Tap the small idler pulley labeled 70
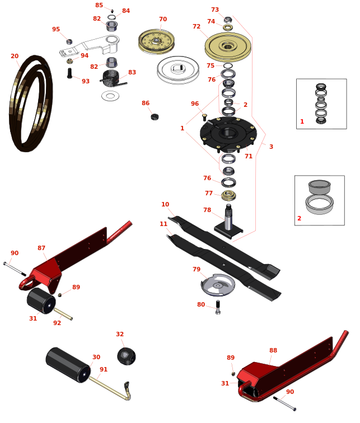[156, 41]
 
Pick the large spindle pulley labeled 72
[228, 47]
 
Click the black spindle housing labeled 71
[228, 134]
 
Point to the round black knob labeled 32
[127, 356]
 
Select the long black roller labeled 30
[68, 365]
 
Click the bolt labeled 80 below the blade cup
[218, 307]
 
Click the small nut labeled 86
[155, 117]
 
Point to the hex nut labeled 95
[69, 42]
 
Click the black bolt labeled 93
[69, 73]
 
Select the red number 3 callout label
[271, 147]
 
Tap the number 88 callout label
[273, 350]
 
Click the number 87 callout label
[41, 248]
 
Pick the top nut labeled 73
[228, 20]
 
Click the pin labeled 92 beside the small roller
[63, 314]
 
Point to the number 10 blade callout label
[165, 204]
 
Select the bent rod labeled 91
[111, 388]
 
